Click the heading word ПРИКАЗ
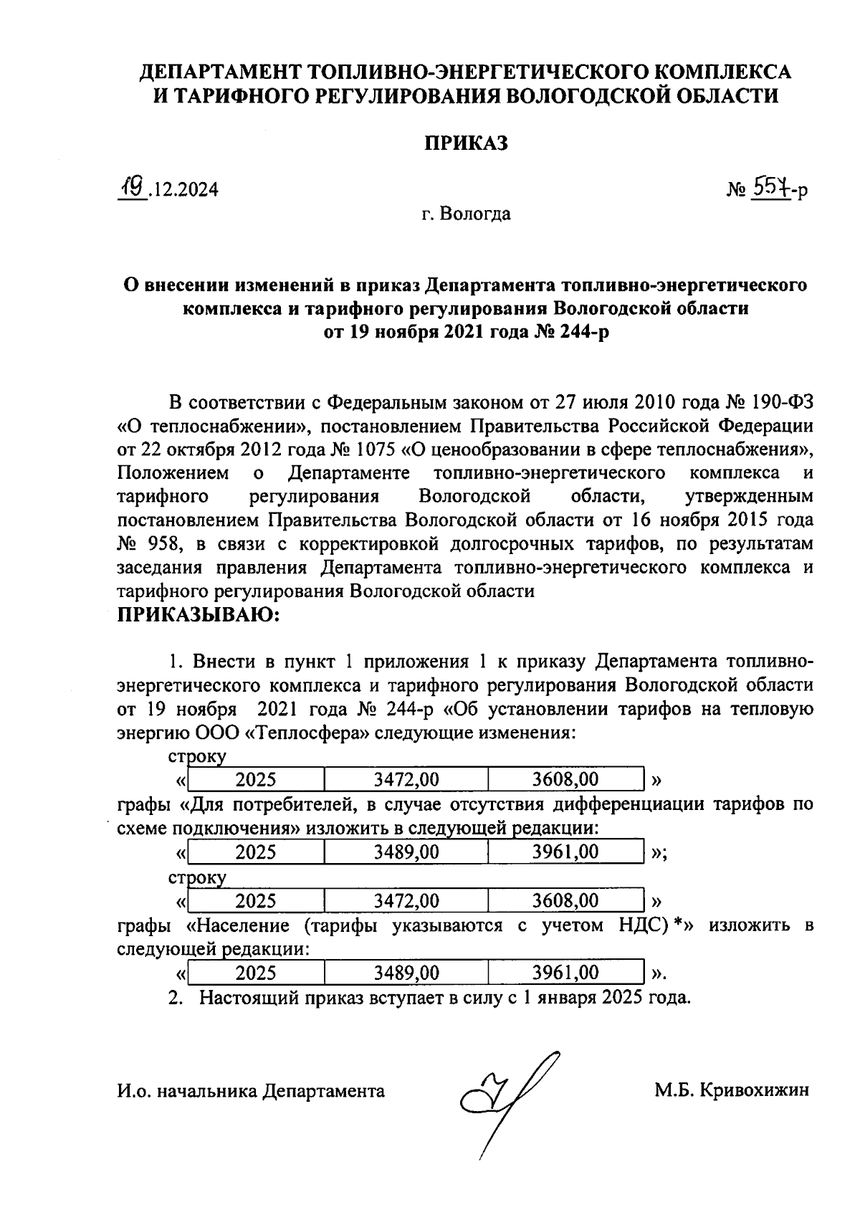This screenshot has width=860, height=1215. [x=464, y=143]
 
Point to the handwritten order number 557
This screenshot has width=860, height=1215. [x=769, y=188]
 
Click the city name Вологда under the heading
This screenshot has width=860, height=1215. [x=475, y=214]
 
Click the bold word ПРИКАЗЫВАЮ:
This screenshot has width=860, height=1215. [x=199, y=614]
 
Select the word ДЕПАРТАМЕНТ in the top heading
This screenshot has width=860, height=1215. [x=220, y=72]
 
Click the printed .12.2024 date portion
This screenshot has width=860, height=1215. [x=185, y=190]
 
